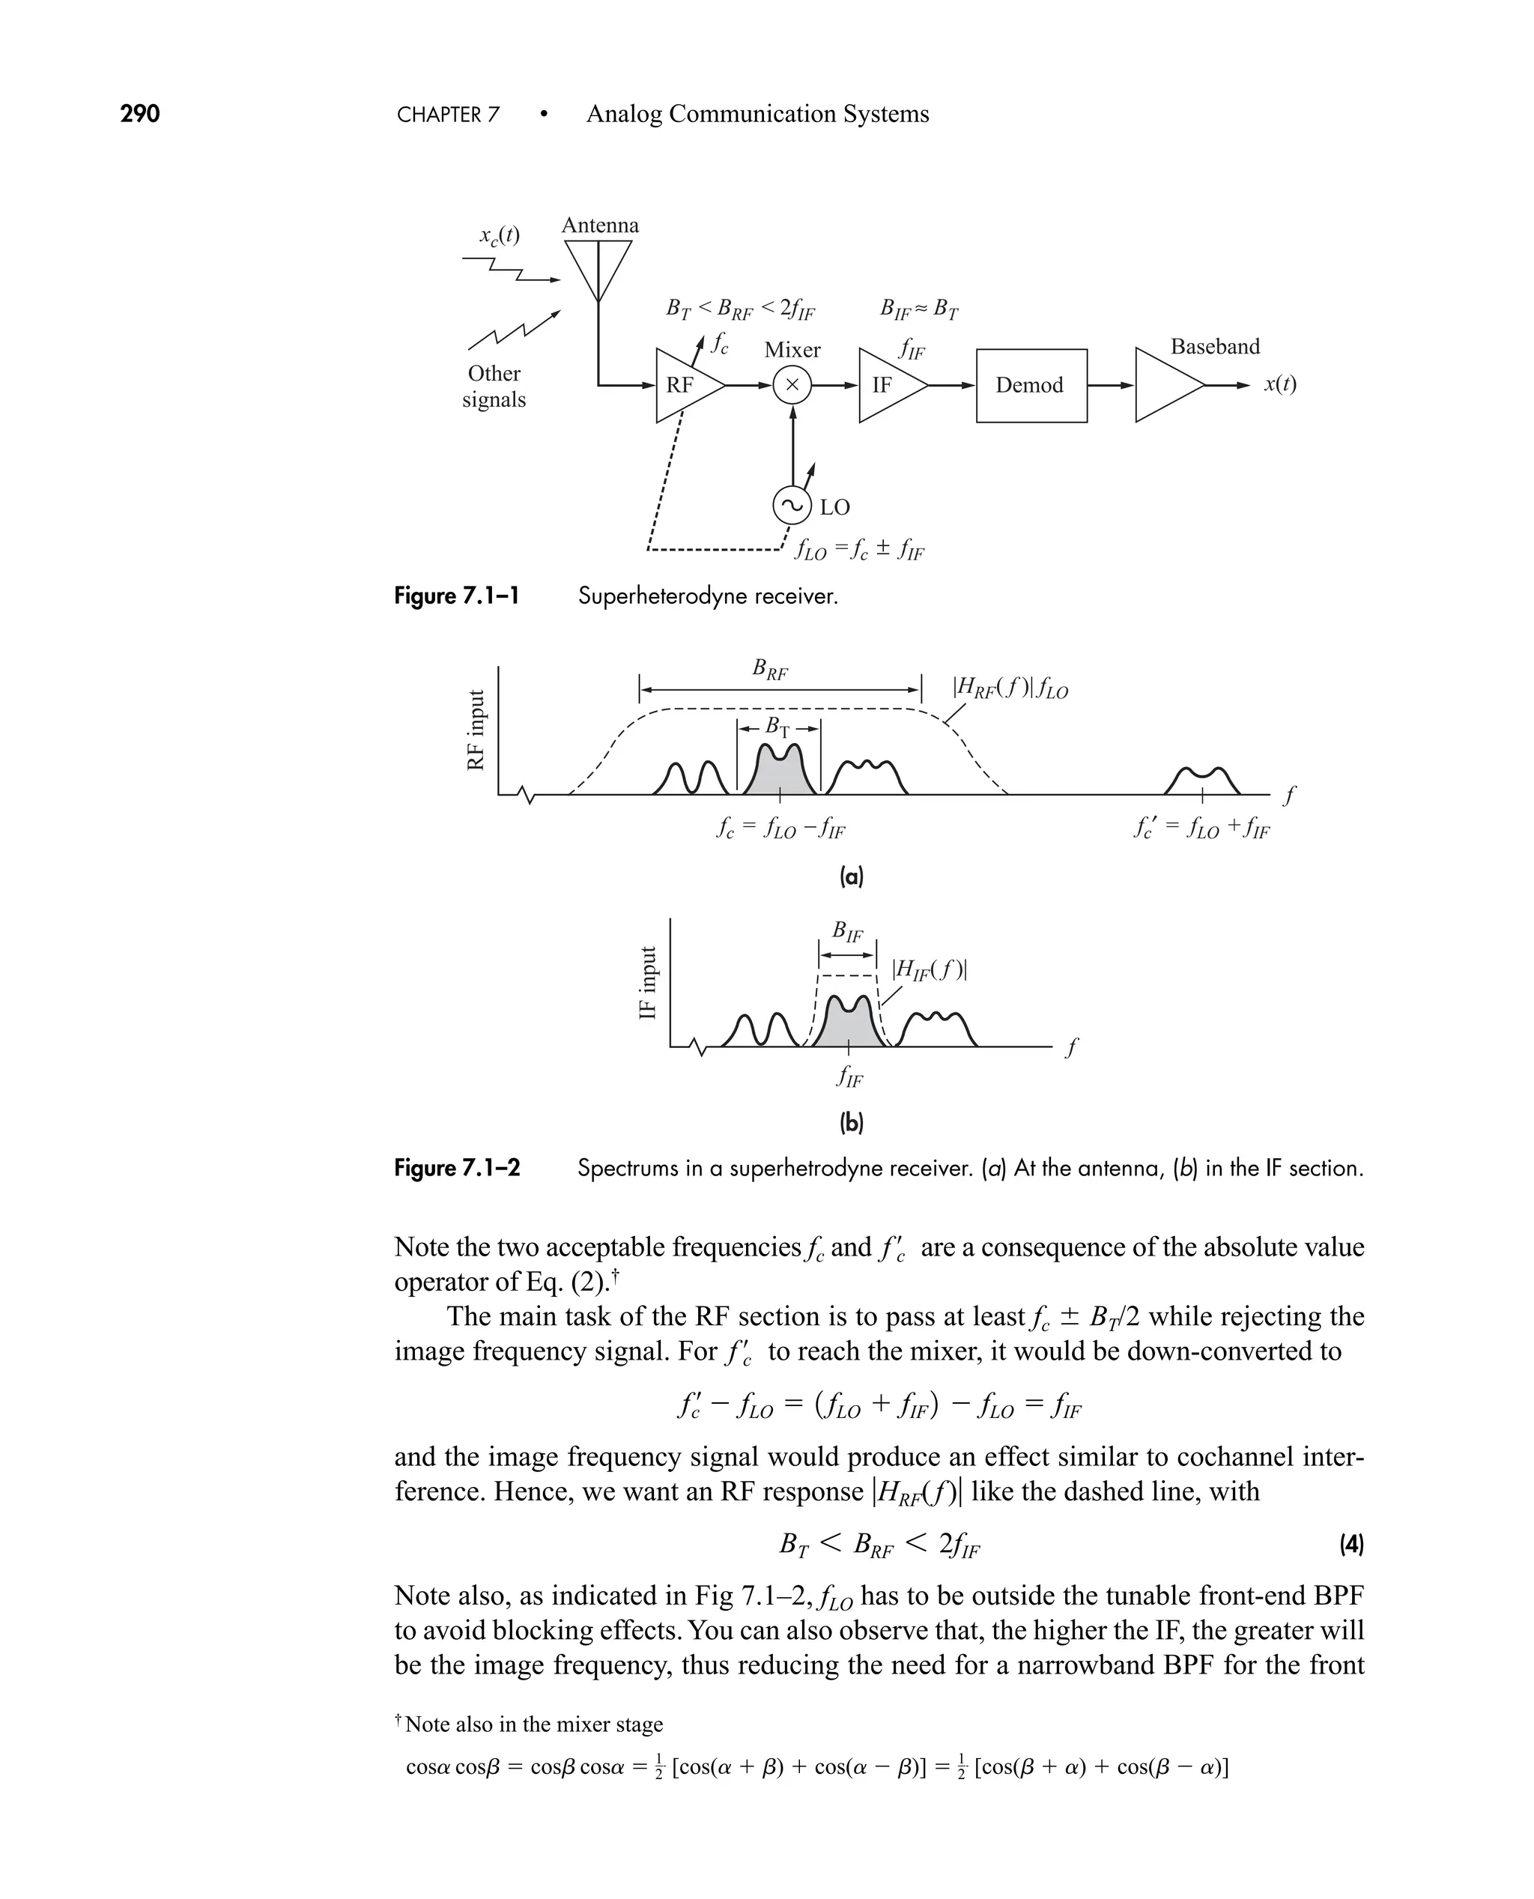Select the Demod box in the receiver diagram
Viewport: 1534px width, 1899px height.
(1031, 385)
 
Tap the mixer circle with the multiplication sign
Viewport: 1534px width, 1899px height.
(792, 385)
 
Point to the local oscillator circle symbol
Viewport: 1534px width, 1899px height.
(792, 506)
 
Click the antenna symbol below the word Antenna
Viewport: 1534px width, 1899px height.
(598, 265)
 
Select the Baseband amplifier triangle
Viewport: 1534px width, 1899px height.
(1165, 385)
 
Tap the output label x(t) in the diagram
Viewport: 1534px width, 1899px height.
(1279, 384)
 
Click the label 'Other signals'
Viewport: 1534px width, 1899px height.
(494, 386)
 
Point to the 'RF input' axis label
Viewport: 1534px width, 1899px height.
(476, 730)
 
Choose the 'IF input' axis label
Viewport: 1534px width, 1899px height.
(649, 983)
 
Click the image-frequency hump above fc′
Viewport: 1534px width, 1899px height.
(1203, 781)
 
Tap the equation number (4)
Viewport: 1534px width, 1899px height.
(1351, 1545)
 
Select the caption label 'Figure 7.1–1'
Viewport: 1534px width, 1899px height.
(456, 596)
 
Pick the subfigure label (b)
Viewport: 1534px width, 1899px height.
(851, 1123)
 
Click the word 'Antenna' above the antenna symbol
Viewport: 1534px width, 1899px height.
(600, 225)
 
